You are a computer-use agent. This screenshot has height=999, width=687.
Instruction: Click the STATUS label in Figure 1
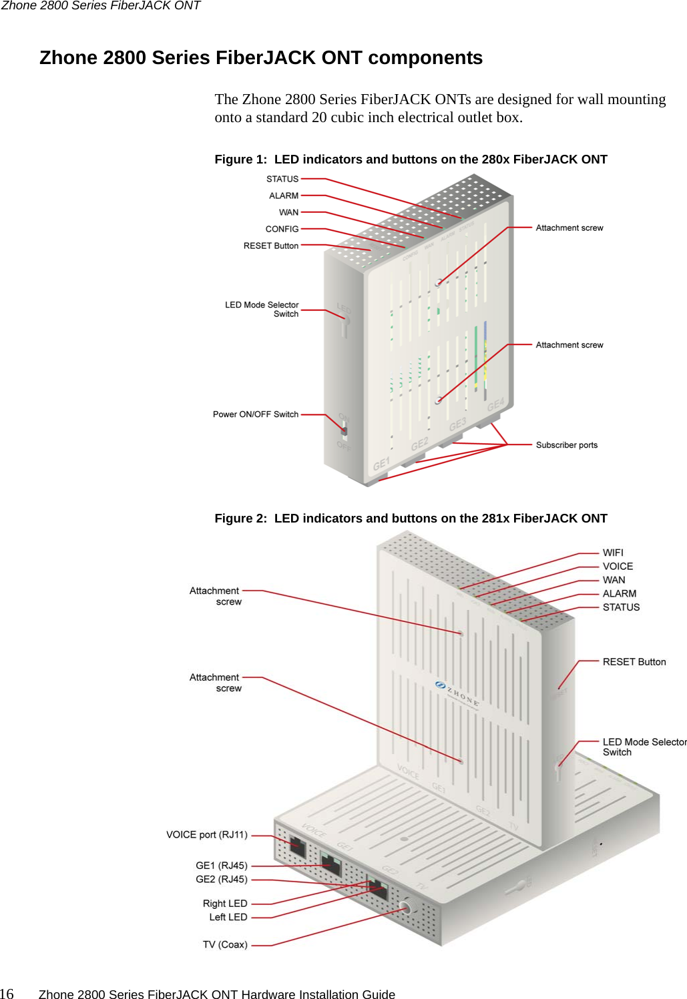[x=282, y=179]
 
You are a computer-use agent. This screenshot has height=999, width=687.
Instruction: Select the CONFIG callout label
[x=282, y=229]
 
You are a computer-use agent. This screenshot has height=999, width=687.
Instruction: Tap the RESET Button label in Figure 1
[x=270, y=246]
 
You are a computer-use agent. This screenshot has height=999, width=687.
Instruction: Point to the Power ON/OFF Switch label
[x=255, y=414]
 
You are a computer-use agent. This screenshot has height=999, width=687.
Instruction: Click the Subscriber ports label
[x=566, y=445]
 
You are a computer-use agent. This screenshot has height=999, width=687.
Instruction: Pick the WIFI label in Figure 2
[x=613, y=553]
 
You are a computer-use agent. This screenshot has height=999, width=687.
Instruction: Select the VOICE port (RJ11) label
[x=206, y=835]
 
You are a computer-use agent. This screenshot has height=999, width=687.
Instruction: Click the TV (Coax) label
[x=225, y=945]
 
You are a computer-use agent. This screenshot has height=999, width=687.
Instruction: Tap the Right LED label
[x=225, y=904]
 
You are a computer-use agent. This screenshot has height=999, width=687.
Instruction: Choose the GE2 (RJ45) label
[x=221, y=880]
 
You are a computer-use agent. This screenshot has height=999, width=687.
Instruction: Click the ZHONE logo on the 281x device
[x=457, y=693]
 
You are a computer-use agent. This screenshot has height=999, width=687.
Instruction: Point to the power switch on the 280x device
[x=344, y=430]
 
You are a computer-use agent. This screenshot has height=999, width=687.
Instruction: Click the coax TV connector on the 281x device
[x=405, y=908]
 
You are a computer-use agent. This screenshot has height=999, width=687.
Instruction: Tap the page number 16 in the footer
[x=7, y=994]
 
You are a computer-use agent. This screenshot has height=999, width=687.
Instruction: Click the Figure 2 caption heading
[x=411, y=519]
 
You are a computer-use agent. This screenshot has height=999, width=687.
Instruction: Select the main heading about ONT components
[x=261, y=58]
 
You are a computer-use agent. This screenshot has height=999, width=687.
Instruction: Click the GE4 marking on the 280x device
[x=495, y=406]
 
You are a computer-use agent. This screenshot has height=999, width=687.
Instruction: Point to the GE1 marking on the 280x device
[x=381, y=464]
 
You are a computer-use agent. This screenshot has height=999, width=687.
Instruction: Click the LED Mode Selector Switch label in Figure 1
[x=262, y=309]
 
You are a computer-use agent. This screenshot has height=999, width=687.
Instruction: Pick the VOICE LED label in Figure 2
[x=618, y=567]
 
